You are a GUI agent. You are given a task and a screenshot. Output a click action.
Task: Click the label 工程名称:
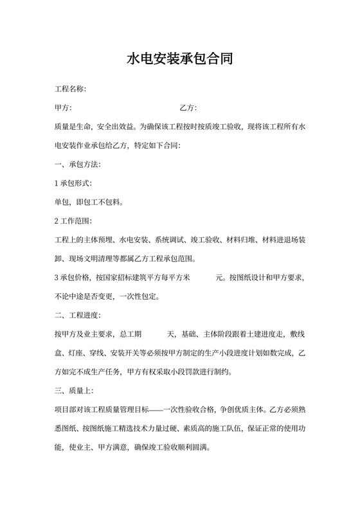click(x=71, y=89)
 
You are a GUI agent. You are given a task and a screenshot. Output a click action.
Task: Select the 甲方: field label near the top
click(x=64, y=107)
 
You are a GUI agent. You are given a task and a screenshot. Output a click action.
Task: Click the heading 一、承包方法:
click(x=78, y=165)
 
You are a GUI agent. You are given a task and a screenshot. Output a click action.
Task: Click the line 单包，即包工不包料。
click(x=89, y=202)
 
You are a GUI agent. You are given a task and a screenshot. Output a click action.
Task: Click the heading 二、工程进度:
click(x=78, y=315)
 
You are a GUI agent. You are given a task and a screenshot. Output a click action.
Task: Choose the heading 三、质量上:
click(x=75, y=390)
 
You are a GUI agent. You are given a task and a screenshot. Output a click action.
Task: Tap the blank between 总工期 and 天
click(x=154, y=334)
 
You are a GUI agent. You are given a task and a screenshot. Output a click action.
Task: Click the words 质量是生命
click(x=75, y=127)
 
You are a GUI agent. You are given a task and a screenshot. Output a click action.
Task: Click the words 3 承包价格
click(x=74, y=278)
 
